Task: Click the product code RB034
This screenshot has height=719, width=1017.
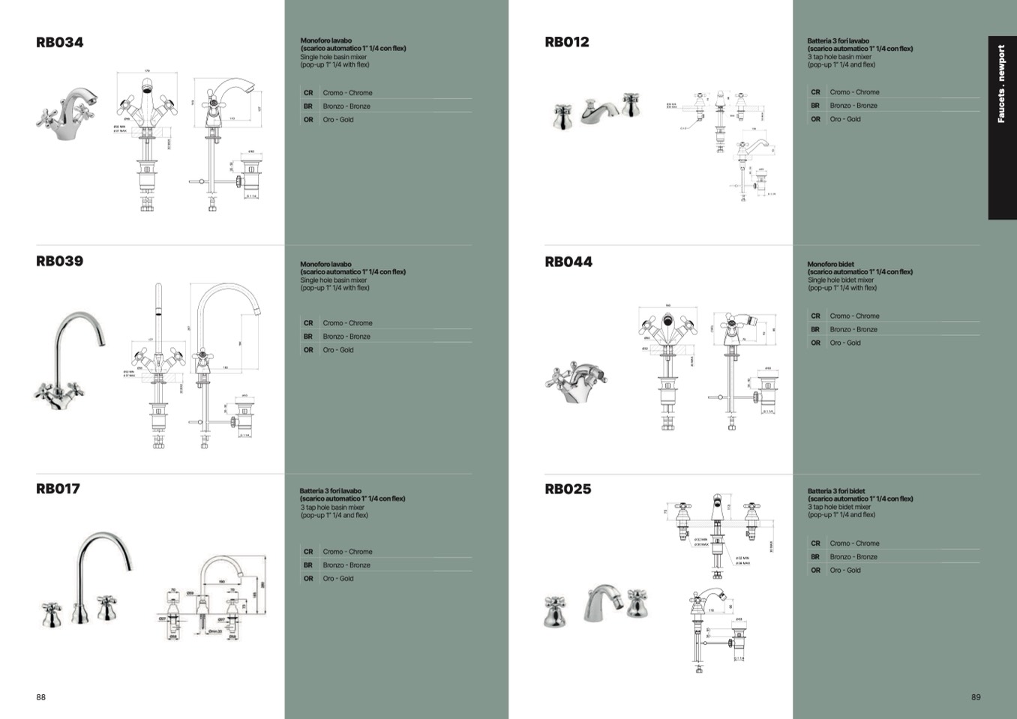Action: tap(59, 43)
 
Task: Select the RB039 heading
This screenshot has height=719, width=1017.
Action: tap(59, 262)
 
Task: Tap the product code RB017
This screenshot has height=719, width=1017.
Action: tap(58, 489)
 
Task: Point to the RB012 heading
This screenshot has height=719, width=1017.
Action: tap(567, 43)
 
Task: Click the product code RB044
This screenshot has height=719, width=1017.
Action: tap(568, 262)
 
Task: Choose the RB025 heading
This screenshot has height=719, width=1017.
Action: tap(568, 490)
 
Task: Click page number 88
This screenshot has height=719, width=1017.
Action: tap(40, 697)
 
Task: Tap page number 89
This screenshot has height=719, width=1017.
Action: tap(976, 697)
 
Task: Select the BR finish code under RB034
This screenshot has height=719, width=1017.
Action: tap(308, 106)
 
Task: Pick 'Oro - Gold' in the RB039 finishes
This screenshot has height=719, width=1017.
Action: tap(338, 350)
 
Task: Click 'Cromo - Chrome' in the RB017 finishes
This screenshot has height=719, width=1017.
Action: tap(347, 552)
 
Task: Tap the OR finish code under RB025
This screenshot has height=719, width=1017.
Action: tap(815, 571)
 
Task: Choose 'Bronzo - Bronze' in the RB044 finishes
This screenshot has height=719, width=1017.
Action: tap(853, 330)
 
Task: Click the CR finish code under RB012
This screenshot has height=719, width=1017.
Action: tap(815, 92)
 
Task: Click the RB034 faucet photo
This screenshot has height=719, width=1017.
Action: tap(68, 110)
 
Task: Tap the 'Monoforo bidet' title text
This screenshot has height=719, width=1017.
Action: tap(830, 265)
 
